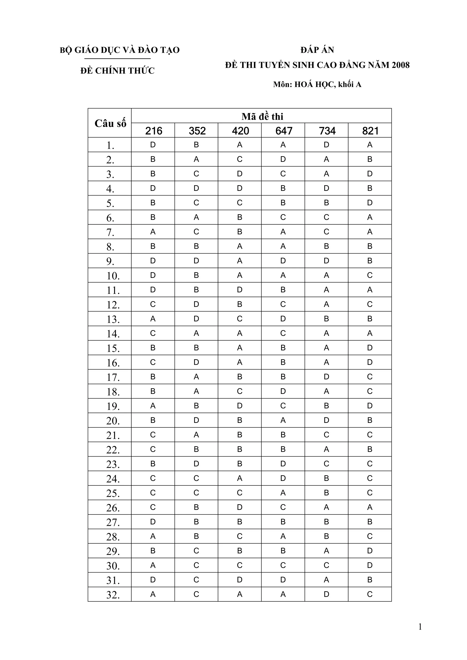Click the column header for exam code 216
(153, 131)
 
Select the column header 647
(283, 131)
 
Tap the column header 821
(370, 131)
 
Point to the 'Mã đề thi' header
(262, 116)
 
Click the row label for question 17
(113, 377)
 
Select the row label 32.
(113, 594)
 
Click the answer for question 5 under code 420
(240, 203)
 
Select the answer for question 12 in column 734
(326, 304)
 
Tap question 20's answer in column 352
(196, 421)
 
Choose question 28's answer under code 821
(370, 536)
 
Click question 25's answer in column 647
(283, 493)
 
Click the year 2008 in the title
(400, 65)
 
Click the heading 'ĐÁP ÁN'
(317, 50)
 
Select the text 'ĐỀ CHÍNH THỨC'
(117, 71)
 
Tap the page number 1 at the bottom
(420, 627)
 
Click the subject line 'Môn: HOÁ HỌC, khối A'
(317, 85)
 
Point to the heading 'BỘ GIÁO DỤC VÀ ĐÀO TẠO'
(119, 50)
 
